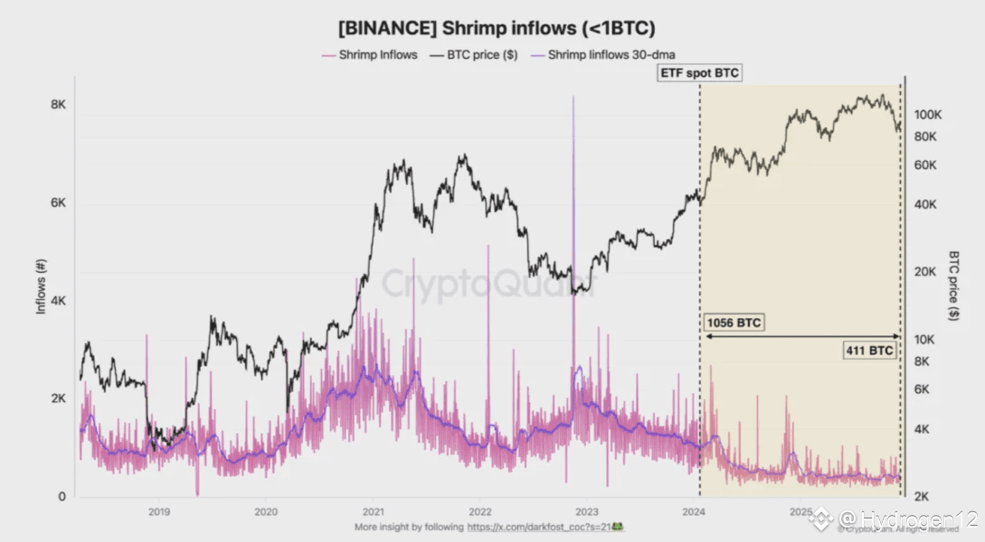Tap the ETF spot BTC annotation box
(699, 74)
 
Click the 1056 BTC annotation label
(733, 322)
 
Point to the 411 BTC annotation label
(869, 350)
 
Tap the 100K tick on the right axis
(929, 115)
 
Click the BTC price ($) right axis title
(953, 285)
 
